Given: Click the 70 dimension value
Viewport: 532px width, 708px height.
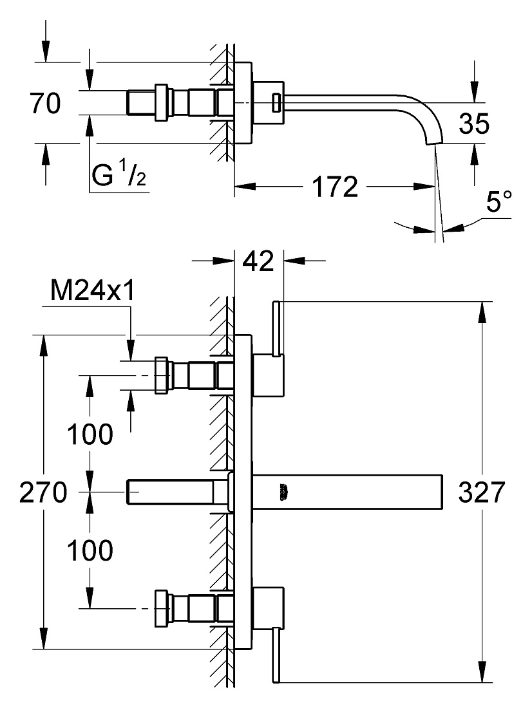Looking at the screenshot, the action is [x=44, y=103].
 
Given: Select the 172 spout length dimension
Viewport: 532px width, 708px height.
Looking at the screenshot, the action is [x=336, y=187].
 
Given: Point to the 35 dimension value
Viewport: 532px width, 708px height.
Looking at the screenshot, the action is [x=474, y=124].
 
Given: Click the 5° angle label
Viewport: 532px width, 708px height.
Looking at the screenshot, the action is [x=499, y=201].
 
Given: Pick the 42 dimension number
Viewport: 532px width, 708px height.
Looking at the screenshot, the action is [x=258, y=261].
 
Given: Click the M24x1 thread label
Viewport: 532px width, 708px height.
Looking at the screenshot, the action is [x=92, y=290].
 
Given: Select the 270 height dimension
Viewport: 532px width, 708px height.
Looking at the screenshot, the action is [x=43, y=492].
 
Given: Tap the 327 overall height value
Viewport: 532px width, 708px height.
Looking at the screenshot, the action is [x=482, y=492].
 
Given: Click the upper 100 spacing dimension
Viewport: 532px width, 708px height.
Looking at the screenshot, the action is [x=90, y=434].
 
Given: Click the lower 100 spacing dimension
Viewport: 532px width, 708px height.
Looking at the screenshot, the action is [x=90, y=550].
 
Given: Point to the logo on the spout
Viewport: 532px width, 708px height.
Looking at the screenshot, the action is [x=283, y=492].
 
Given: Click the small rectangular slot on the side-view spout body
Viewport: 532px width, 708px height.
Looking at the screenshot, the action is [x=275, y=102].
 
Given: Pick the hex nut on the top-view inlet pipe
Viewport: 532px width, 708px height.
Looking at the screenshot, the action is [x=162, y=102].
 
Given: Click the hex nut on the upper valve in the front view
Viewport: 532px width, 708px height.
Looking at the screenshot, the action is [x=162, y=375].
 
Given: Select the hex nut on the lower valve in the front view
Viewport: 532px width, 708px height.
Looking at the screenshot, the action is [x=162, y=609].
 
